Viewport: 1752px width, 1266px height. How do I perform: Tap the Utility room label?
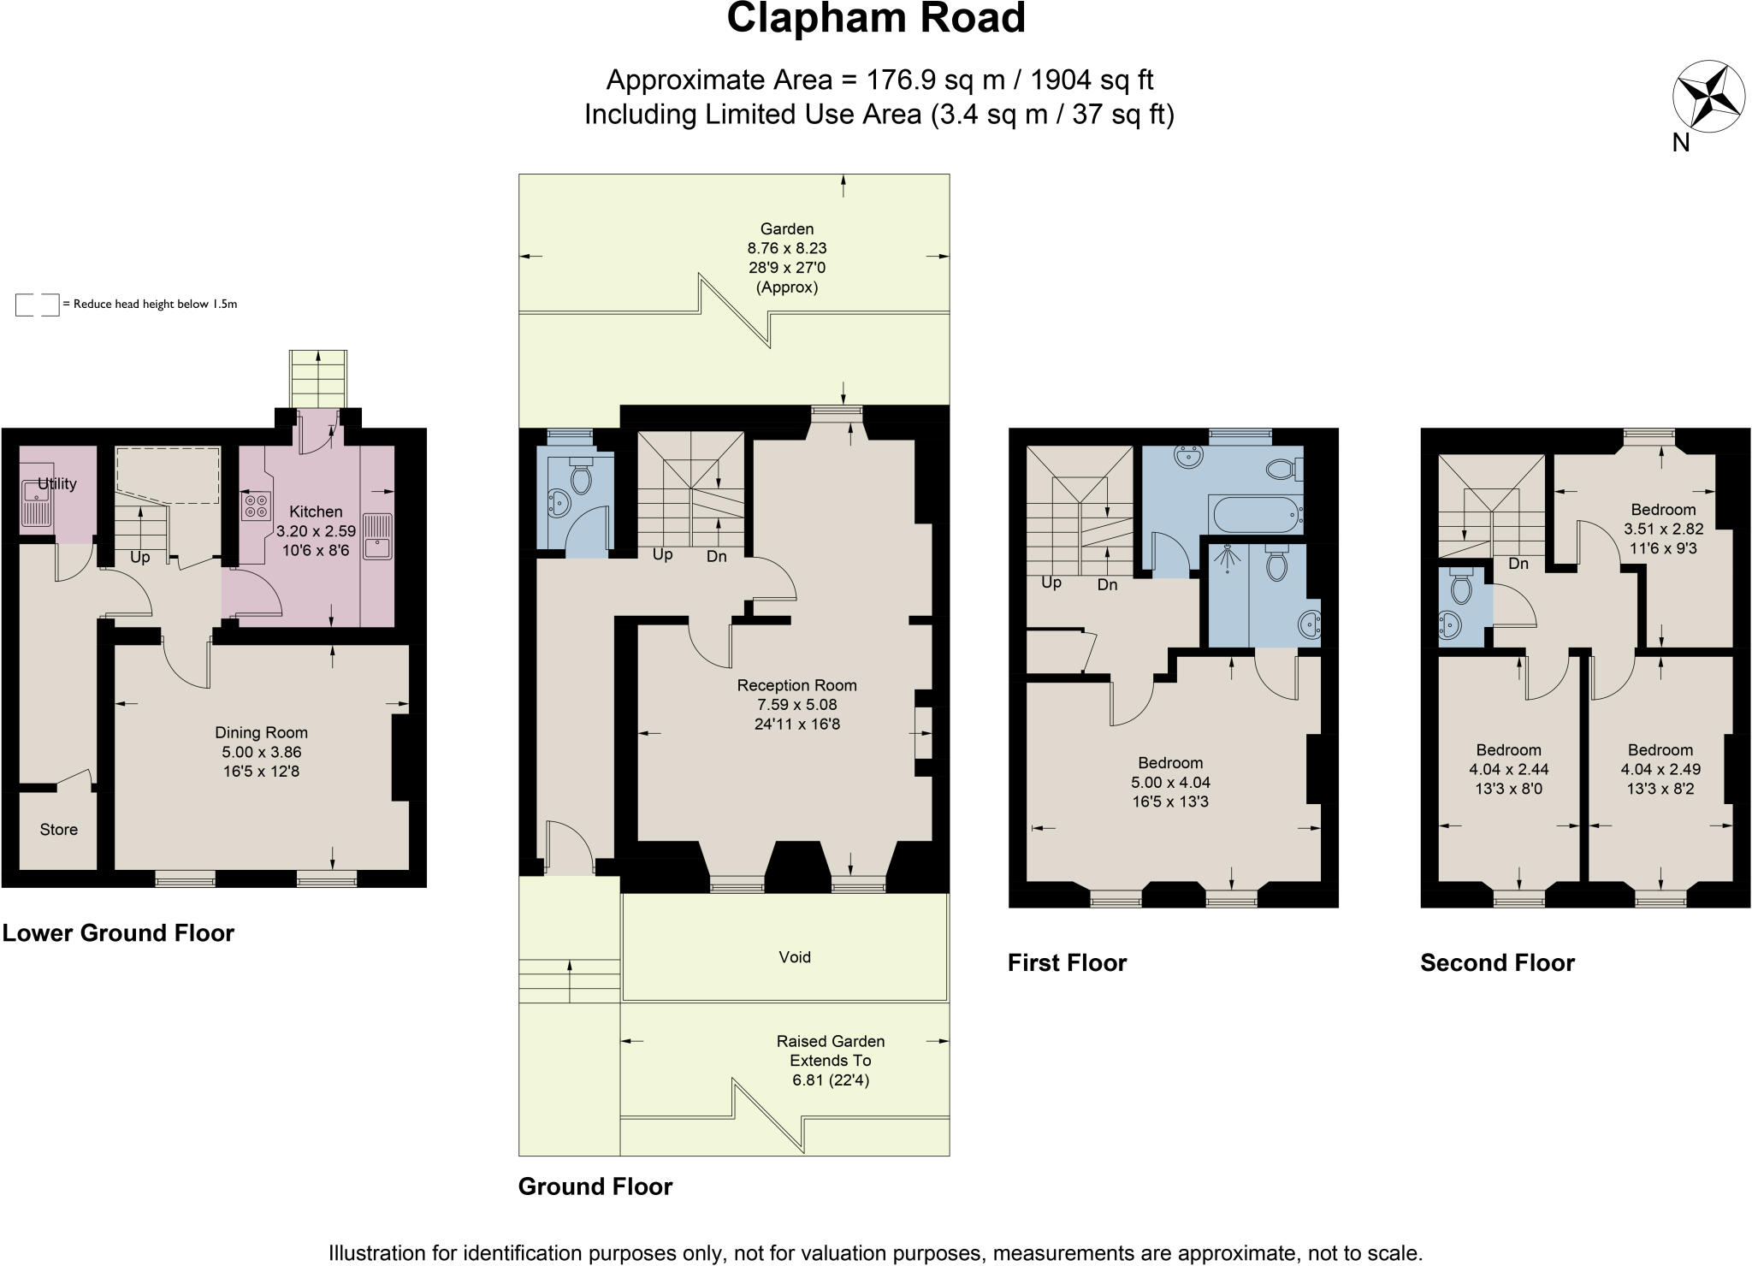tap(57, 484)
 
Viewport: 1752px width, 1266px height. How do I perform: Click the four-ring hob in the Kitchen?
tap(256, 506)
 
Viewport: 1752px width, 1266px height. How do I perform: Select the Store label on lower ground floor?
tap(58, 829)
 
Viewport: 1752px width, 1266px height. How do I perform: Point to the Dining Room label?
tap(261, 732)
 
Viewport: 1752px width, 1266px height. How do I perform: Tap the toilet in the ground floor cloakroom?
tap(581, 477)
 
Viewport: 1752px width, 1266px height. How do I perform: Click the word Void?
tap(794, 956)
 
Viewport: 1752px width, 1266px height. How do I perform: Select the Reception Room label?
tap(796, 685)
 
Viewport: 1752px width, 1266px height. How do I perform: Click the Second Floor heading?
tap(1497, 962)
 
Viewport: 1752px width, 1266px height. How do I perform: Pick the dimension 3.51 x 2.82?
tap(1663, 529)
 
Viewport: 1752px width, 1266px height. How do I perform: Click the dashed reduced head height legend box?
tap(37, 305)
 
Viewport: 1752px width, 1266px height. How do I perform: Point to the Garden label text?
tap(787, 228)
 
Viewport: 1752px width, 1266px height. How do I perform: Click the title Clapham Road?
tap(875, 19)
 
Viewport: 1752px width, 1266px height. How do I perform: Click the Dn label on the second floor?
tap(1518, 563)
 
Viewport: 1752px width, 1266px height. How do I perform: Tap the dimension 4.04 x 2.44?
tap(1508, 769)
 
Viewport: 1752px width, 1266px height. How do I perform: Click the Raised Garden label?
tap(830, 1041)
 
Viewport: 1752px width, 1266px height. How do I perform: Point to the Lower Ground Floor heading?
tap(118, 932)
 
